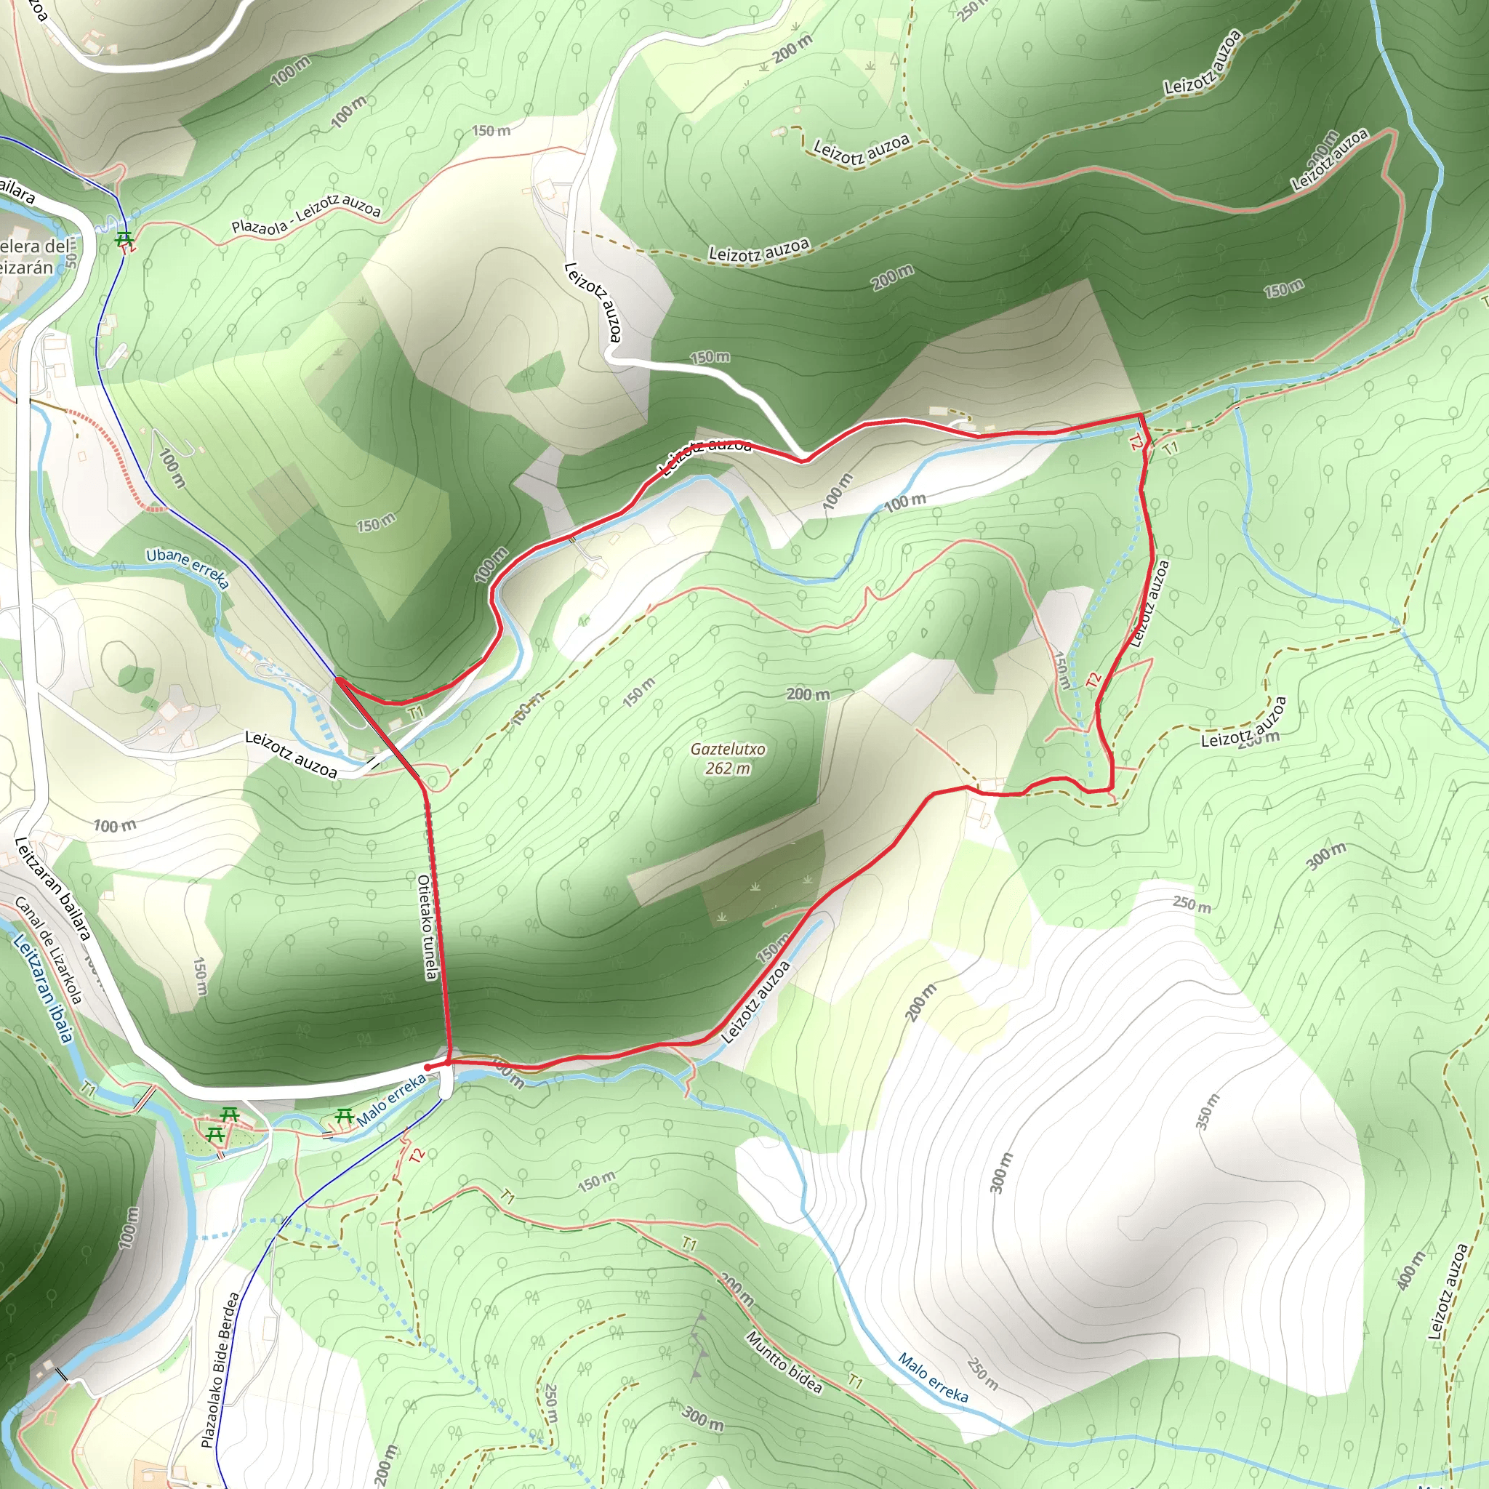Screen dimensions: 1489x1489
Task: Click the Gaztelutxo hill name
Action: point(728,749)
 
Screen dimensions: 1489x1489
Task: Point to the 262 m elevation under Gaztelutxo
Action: point(728,768)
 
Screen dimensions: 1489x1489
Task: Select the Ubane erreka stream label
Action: point(188,567)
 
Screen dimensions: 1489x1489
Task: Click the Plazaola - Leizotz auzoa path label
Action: point(306,215)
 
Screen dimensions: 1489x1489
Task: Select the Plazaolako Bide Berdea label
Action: point(220,1370)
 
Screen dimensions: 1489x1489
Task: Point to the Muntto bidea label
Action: point(784,1362)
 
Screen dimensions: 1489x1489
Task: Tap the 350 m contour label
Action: point(1208,1112)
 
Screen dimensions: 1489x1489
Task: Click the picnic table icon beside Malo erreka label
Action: point(344,1116)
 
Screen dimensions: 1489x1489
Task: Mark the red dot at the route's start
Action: point(428,1067)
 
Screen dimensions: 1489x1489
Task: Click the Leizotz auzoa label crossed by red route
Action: point(705,454)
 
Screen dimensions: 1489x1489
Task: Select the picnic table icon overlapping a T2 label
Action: point(124,239)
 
